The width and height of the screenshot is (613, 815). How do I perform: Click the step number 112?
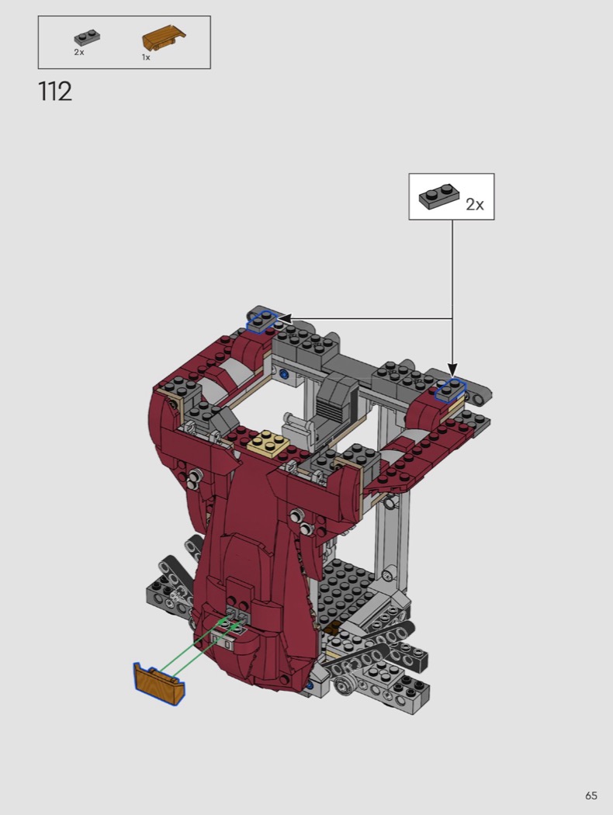[x=55, y=92]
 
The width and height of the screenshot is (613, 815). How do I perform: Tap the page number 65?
[x=591, y=796]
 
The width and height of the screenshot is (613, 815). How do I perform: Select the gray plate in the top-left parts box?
[x=87, y=38]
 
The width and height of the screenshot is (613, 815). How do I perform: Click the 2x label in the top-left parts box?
[x=79, y=52]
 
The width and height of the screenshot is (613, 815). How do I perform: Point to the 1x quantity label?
[x=146, y=57]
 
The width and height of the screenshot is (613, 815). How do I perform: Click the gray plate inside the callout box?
[x=439, y=196]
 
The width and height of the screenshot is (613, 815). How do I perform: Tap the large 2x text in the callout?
[x=474, y=204]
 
